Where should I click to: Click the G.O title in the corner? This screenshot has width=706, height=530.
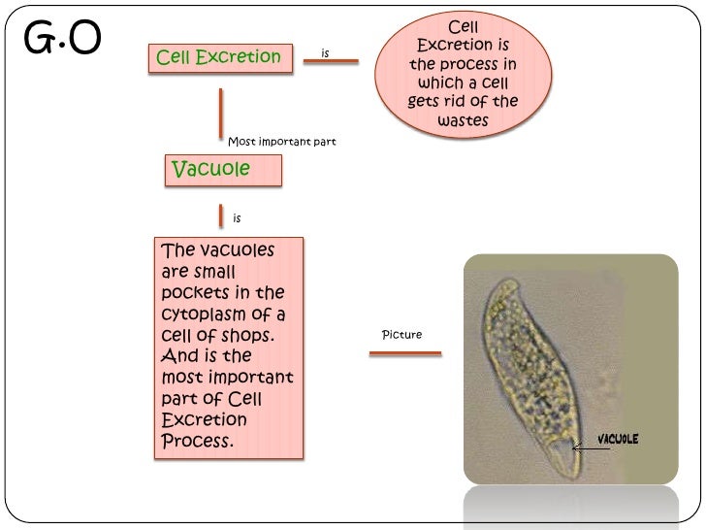[x=60, y=40]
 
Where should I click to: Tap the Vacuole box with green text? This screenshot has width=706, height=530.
[x=222, y=170]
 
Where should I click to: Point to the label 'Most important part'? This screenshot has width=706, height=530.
[x=281, y=142]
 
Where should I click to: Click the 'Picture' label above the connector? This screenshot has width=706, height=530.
[x=401, y=335]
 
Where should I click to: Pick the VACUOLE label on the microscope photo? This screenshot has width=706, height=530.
[x=617, y=439]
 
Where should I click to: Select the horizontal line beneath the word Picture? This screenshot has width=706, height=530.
[x=405, y=352]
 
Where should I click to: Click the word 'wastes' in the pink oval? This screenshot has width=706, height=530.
[x=463, y=121]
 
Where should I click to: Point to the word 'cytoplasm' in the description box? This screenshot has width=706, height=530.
[x=201, y=315]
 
